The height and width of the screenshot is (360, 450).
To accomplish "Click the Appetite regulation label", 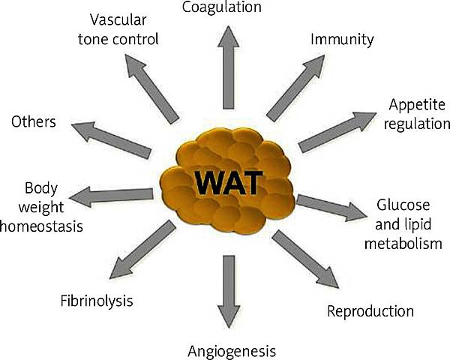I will click(416, 113).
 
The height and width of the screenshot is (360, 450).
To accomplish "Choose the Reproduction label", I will click(370, 310).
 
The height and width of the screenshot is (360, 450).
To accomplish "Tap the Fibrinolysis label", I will click(97, 301).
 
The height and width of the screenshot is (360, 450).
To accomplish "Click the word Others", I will click(34, 121).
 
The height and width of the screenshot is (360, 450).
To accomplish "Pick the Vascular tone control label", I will click(123, 28).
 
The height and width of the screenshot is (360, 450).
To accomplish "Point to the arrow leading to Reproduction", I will click(304, 258).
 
